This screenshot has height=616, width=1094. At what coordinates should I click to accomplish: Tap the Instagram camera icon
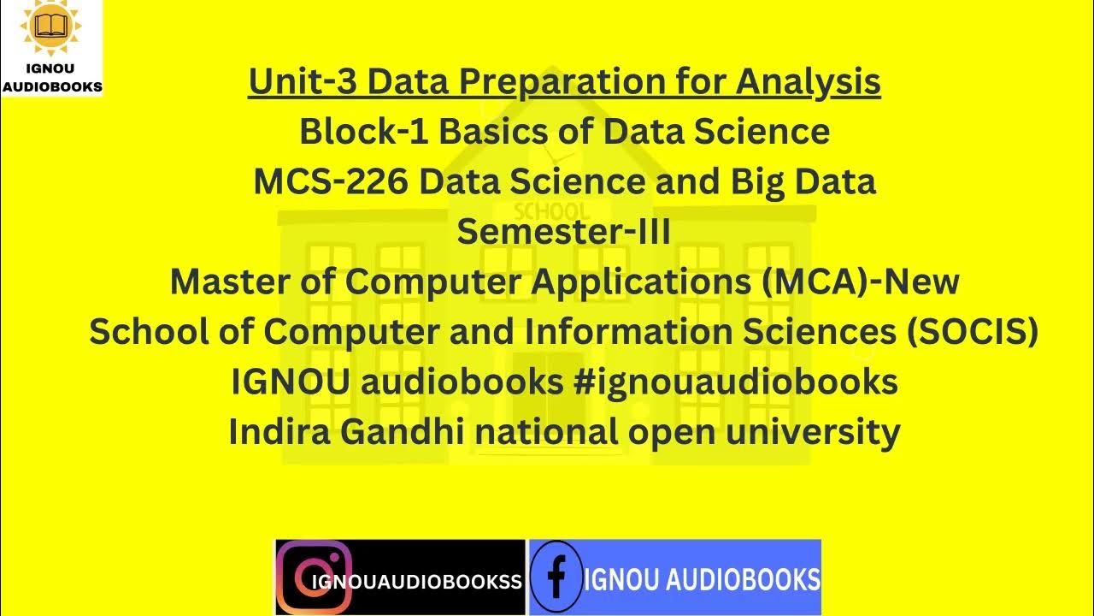click(315, 577)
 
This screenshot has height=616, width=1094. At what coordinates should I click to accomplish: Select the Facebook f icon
click(556, 577)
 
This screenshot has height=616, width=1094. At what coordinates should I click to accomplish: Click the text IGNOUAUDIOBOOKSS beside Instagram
click(417, 583)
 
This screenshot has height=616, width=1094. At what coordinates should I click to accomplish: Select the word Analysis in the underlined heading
click(809, 83)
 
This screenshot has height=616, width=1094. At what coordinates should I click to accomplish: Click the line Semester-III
click(564, 232)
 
